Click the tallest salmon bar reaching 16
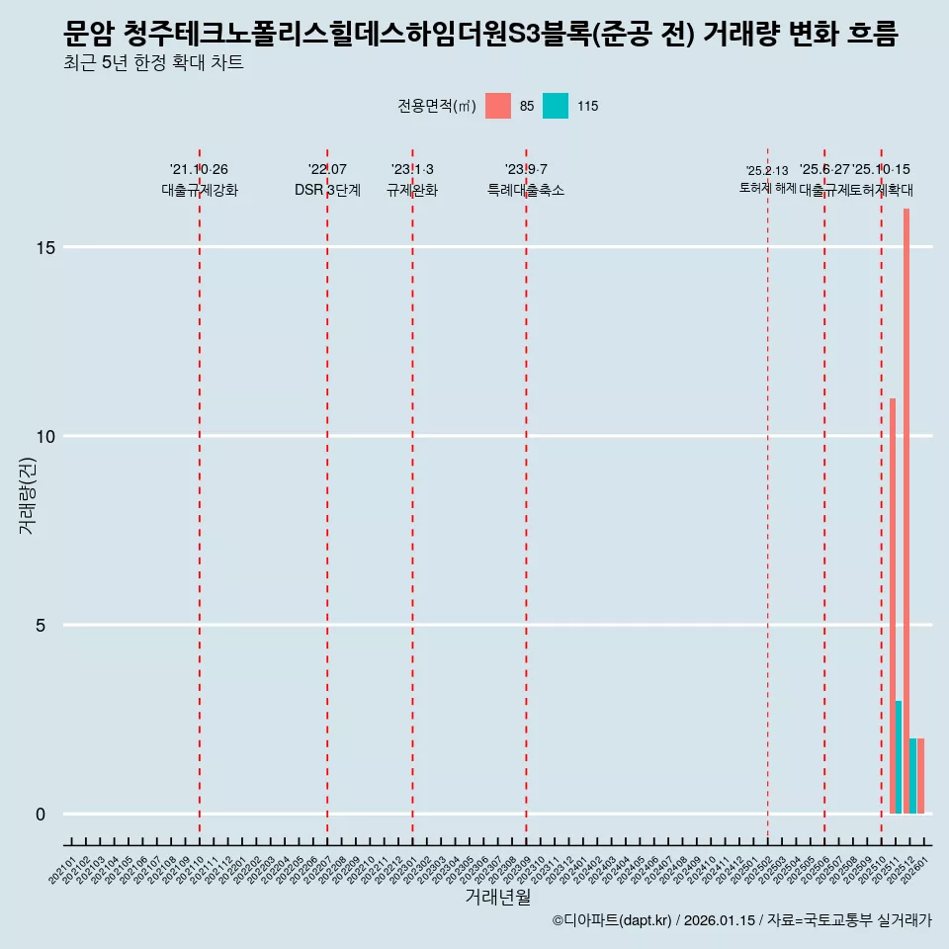click(x=906, y=511)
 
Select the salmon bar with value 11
click(x=892, y=606)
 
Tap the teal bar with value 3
click(x=899, y=757)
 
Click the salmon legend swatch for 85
click(x=498, y=106)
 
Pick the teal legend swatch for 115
click(x=556, y=106)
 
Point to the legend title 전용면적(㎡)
click(x=436, y=106)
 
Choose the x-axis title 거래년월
click(x=497, y=898)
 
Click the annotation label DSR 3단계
click(x=327, y=190)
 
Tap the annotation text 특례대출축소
click(x=526, y=190)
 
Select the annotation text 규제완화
click(x=412, y=190)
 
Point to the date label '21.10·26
click(x=200, y=170)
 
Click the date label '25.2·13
click(x=767, y=171)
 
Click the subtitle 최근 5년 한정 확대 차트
click(x=152, y=63)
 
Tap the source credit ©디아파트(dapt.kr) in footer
click(x=612, y=920)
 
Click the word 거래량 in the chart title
click(x=739, y=35)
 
